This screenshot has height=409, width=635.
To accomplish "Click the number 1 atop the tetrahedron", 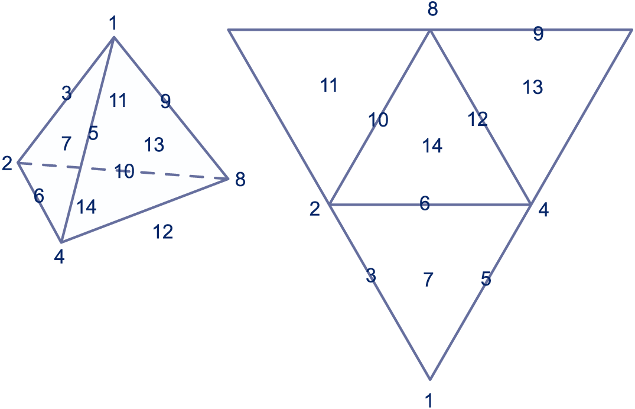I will (113, 24).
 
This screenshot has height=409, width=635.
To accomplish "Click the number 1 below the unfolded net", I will (429, 400).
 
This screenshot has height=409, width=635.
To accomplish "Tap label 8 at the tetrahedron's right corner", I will (240, 179).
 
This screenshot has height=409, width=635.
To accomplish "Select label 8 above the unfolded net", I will (432, 11).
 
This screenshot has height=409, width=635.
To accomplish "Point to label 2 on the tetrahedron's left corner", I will (7, 163).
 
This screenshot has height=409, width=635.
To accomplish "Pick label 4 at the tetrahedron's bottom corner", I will (59, 257).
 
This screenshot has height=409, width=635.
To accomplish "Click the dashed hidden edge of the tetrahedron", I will (177, 173).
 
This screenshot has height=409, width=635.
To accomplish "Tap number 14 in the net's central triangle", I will (432, 145).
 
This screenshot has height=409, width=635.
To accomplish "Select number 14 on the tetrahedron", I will (86, 207).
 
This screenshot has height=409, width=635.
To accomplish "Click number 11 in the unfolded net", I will (328, 86).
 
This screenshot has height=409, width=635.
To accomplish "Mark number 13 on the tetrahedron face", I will (154, 144).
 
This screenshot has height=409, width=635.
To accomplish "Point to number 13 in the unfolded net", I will (532, 87).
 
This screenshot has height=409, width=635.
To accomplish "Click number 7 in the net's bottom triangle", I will (429, 280).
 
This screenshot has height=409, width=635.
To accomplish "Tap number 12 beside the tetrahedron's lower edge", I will (162, 232).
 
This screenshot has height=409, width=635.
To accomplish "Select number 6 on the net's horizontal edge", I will (425, 203).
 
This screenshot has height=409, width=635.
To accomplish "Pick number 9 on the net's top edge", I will (538, 34).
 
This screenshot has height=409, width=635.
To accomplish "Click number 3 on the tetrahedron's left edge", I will (66, 93).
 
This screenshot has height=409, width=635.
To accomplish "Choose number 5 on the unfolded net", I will (486, 279).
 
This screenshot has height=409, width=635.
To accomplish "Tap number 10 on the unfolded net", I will (378, 121).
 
